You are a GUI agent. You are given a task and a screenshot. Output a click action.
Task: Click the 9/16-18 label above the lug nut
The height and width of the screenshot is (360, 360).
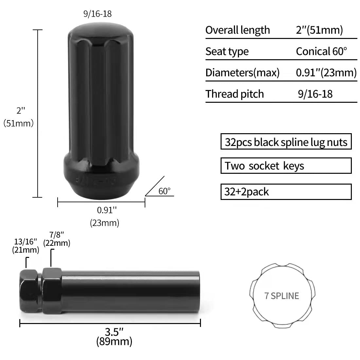[98, 14]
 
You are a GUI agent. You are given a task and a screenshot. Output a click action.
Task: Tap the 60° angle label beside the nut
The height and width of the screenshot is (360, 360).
[164, 191]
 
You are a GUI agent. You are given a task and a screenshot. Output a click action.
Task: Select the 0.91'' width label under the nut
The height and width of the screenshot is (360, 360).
[107, 210]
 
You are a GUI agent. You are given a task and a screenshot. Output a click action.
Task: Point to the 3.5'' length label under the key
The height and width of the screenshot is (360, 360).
[114, 332]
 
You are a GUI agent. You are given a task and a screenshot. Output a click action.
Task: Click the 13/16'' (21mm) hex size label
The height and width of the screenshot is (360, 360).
[26, 246]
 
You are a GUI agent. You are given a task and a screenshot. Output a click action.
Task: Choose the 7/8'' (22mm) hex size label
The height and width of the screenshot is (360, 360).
[57, 239]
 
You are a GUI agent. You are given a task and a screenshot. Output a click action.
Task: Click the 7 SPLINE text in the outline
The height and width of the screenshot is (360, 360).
[282, 296]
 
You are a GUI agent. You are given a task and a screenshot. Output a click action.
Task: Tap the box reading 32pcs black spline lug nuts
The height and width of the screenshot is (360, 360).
[286, 141]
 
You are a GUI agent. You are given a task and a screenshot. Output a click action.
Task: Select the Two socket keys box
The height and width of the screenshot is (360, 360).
[286, 166]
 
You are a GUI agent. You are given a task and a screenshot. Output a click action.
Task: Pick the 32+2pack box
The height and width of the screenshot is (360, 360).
[286, 192]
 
